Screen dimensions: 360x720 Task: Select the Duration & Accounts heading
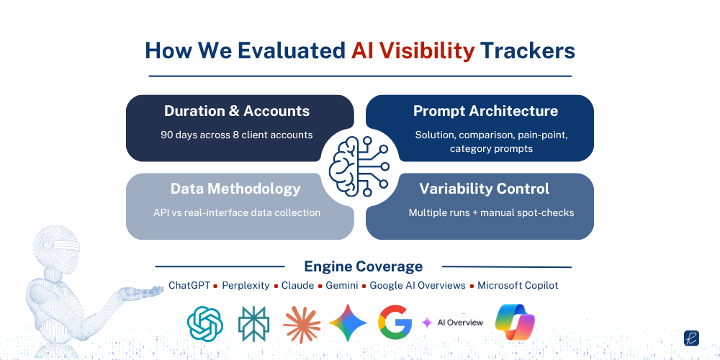[237, 111]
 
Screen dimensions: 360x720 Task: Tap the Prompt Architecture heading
[485, 111]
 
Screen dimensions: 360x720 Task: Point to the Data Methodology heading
[235, 189]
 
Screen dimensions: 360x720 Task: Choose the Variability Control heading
[485, 189]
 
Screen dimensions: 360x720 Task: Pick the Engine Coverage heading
[363, 266]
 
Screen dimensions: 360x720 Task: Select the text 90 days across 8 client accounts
[237, 135]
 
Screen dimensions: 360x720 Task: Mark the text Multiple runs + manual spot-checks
[480, 212]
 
